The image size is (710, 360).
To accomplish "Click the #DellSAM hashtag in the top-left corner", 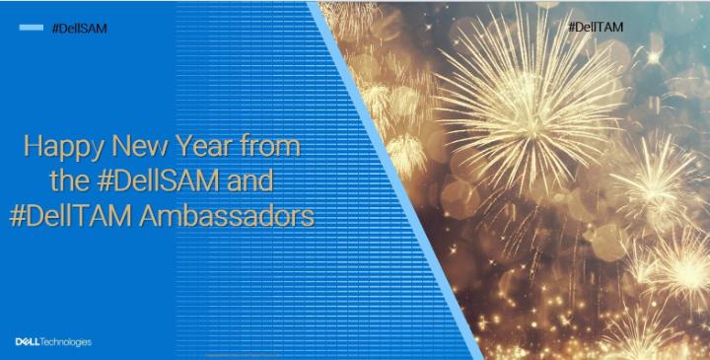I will click(x=78, y=29).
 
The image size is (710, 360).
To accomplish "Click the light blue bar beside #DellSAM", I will click(x=31, y=28).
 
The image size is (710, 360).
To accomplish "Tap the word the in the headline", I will click(x=70, y=182).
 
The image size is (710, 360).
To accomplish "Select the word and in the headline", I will click(x=249, y=182).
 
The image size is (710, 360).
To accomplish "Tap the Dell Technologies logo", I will click(x=52, y=342).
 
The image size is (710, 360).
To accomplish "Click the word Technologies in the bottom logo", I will click(x=67, y=342).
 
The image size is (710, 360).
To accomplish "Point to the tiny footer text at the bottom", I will click(x=237, y=353).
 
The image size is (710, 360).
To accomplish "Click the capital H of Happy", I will click(x=32, y=149).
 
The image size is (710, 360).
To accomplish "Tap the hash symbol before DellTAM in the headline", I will click(x=17, y=216).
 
